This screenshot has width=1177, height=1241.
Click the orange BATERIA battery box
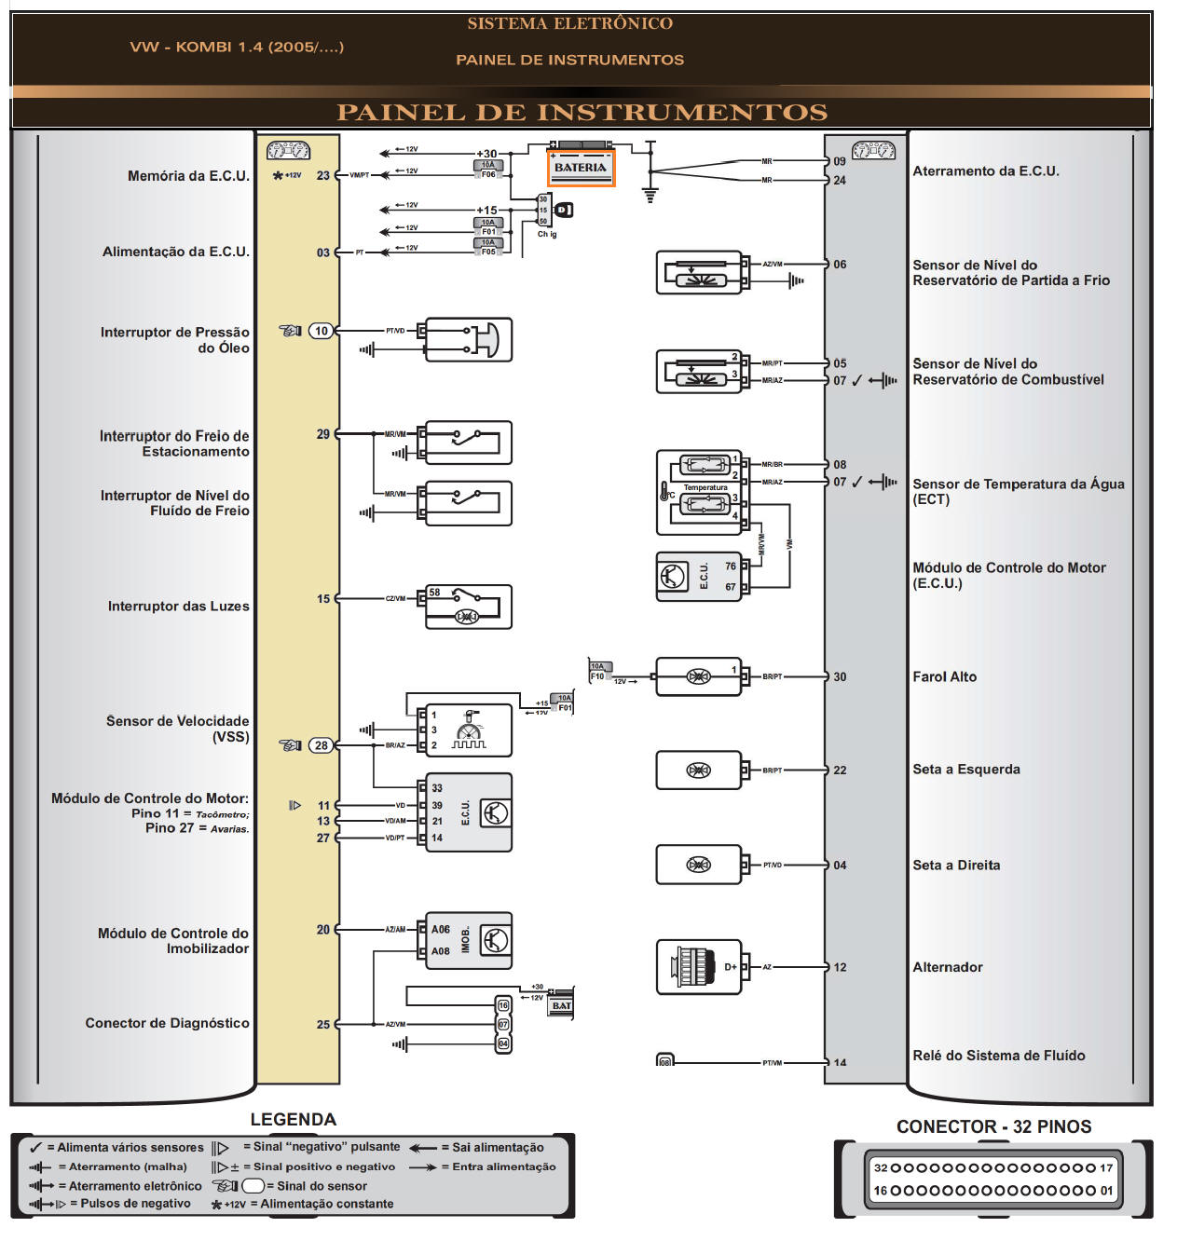point(580,168)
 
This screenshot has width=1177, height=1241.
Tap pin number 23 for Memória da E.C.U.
point(322,175)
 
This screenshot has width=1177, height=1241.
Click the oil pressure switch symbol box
point(468,340)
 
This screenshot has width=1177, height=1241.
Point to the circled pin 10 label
point(321,331)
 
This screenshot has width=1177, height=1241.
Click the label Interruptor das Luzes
point(178,606)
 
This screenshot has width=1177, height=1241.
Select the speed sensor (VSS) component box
point(468,730)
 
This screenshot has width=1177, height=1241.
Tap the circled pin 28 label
point(321,745)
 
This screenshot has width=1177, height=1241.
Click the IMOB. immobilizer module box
point(469,940)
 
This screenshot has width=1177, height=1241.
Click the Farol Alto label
point(944,677)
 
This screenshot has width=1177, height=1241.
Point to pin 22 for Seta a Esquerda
point(840,771)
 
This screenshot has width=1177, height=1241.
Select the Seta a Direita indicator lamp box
point(699,865)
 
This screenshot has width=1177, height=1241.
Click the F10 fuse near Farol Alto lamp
point(597,671)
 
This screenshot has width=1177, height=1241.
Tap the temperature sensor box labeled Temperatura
point(699,493)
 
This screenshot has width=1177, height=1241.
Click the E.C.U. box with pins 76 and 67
point(699,576)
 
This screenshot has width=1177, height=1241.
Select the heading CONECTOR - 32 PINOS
point(993,1126)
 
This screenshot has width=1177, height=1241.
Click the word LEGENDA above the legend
point(293,1119)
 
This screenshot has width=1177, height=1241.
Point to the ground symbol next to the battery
point(650,194)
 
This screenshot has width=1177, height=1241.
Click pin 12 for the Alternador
point(840,967)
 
